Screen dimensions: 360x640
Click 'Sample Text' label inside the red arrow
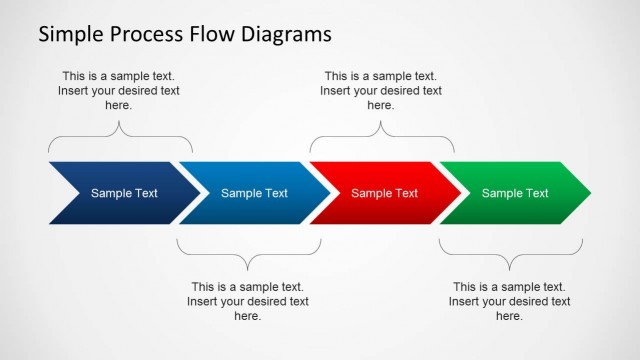(x=384, y=193)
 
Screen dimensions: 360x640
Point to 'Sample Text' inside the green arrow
(x=515, y=193)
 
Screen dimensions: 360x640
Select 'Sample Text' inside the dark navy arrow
(x=124, y=193)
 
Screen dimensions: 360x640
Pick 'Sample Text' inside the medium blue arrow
(x=254, y=193)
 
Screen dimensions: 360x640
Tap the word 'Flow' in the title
(x=212, y=35)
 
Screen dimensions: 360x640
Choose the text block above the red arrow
(x=381, y=90)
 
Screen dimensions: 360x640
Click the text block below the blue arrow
(x=248, y=301)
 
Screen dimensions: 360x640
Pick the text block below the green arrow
(x=510, y=301)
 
